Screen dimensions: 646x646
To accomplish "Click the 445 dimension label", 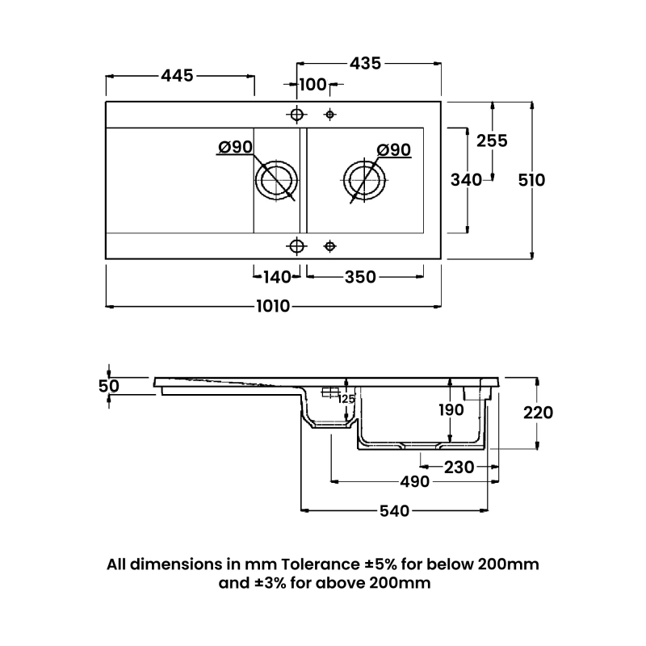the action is [177, 76].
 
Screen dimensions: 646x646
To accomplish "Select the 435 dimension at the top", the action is [366, 64].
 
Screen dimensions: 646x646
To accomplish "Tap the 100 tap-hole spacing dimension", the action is [313, 85].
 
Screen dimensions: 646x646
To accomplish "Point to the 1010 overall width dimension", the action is [273, 306].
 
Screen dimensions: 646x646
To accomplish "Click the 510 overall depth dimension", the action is [531, 180].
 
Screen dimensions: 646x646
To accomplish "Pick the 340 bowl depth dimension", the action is [466, 180].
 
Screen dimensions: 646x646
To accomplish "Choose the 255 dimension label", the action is [492, 141].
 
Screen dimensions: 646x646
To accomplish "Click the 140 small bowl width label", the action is [277, 277].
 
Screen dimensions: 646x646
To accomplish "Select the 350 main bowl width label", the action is [360, 277].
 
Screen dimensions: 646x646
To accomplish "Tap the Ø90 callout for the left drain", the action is [235, 147].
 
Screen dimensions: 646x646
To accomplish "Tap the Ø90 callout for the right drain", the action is [394, 150].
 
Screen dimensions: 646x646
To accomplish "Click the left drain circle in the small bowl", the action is [276, 161].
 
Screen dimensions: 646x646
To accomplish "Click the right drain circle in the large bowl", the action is [365, 161].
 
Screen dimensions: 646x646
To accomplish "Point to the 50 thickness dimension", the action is [109, 386].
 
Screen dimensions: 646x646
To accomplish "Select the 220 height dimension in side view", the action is [538, 413].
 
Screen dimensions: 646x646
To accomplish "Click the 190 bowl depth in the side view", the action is [451, 410].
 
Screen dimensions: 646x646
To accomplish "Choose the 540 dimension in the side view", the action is [394, 511].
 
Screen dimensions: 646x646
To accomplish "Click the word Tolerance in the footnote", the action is [321, 564].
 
